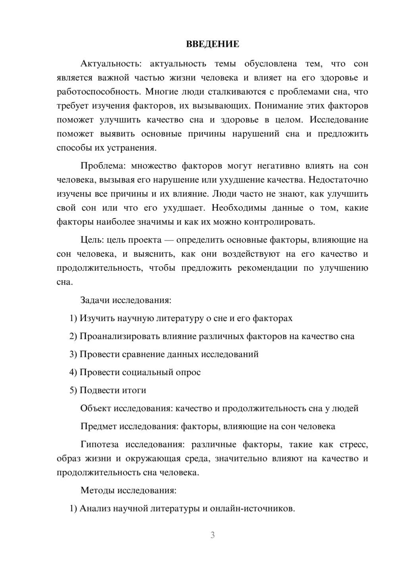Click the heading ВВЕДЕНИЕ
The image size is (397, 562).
(x=212, y=44)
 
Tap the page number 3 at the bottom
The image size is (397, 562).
(x=212, y=535)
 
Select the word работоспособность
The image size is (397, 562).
(x=98, y=92)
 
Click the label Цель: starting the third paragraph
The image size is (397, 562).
(x=92, y=240)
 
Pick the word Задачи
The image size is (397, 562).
(x=95, y=300)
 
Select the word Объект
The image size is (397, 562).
(x=96, y=408)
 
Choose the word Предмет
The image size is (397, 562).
(x=98, y=426)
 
